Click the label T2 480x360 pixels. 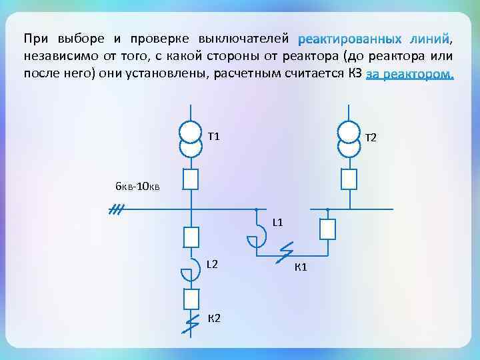pos(371,138)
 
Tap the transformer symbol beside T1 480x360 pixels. pos(191,137)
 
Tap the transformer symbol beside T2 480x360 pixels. pos(349,137)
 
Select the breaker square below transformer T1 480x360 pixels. pos(191,179)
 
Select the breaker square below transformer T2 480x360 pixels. pos(349,179)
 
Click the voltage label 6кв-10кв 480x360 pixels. pos(137,186)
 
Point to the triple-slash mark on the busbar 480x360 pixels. pos(117,211)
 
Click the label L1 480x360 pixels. pos(278,222)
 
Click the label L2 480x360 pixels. pos(212,264)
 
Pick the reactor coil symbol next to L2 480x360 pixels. pos(191,270)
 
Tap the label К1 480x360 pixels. pos(300,267)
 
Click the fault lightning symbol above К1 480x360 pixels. pos(285,253)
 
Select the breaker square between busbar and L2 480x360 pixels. pos(191,237)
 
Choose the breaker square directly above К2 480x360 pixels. pos(191,299)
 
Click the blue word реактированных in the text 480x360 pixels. pos(350,35)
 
